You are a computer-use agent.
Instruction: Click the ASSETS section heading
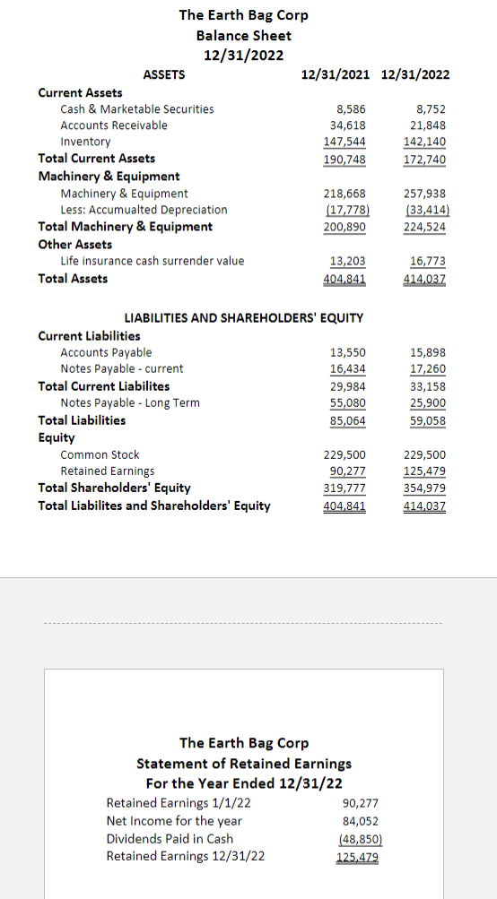164,74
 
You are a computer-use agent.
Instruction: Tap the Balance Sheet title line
243,35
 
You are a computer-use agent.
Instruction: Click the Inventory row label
85,142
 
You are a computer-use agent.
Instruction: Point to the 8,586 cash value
349,108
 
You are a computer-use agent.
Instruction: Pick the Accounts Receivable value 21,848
428,125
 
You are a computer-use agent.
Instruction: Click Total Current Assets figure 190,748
344,159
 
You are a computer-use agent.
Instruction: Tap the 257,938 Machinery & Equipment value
425,193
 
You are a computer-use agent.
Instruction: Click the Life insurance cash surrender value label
152,261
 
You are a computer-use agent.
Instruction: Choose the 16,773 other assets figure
428,261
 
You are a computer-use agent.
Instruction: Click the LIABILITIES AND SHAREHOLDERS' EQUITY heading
243,317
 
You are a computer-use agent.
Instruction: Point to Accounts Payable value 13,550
347,352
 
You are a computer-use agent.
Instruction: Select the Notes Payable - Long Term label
130,402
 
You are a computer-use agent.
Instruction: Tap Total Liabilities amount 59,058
428,419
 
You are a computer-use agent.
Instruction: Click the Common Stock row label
100,454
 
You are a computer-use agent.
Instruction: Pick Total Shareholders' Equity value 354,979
425,488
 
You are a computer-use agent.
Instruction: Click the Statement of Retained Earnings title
244,764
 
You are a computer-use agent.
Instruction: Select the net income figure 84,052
361,821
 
